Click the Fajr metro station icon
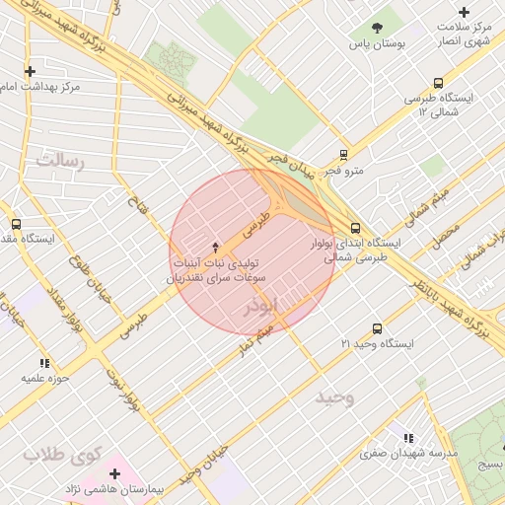[x=343, y=154]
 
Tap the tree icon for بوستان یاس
[x=377, y=27]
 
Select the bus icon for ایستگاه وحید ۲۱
[x=377, y=328]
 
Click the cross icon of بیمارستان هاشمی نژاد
[x=115, y=473]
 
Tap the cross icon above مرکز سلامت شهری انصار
[x=465, y=12]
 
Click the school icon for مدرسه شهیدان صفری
[x=408, y=437]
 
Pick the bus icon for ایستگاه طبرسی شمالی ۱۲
[x=438, y=84]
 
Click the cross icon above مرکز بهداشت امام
[x=30, y=71]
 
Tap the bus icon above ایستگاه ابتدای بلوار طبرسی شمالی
[x=355, y=228]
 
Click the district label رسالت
[x=60, y=158]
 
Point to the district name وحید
[x=334, y=397]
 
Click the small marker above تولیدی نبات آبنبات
[x=217, y=245]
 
